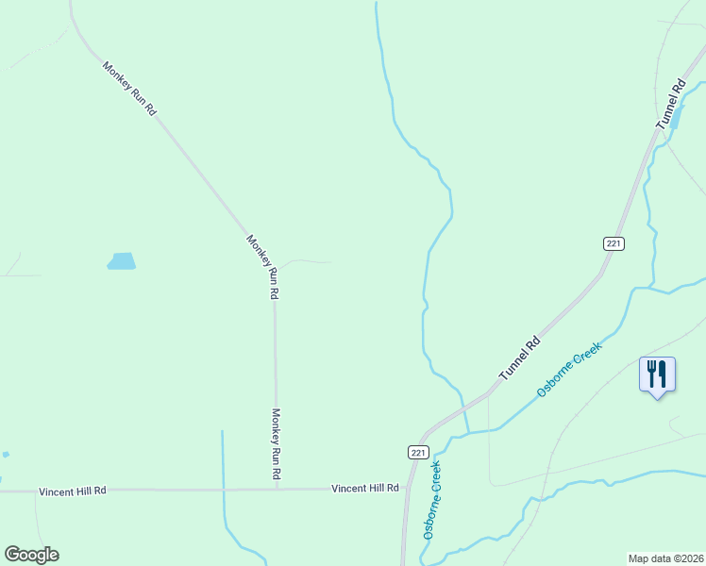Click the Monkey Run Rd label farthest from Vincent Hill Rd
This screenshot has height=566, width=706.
129,88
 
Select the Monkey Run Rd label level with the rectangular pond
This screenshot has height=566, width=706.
263,266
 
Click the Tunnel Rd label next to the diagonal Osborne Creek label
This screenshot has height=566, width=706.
520,358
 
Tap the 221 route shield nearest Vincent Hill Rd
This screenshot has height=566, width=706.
418,453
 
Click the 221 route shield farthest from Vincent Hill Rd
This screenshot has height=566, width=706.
614,243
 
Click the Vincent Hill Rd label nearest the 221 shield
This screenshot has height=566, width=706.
365,489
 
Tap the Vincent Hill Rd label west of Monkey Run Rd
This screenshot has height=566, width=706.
73,491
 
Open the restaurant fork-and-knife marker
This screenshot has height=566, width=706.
657,375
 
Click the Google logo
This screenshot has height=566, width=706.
31,555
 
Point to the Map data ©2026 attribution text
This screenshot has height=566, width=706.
666,558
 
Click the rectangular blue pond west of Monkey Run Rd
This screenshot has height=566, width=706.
122,261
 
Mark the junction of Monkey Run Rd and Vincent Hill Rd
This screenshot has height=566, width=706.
277,490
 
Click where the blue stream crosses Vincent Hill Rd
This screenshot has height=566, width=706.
224,490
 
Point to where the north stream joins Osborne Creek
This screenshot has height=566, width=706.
468,434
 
